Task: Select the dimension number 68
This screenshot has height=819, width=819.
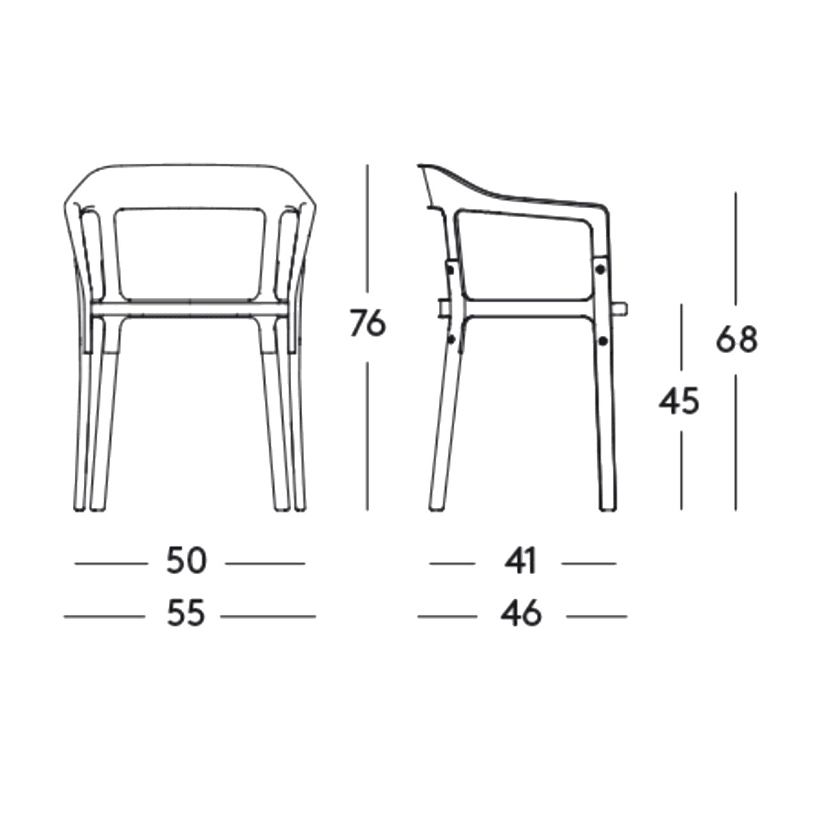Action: (x=736, y=339)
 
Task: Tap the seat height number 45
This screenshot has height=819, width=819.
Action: (x=679, y=401)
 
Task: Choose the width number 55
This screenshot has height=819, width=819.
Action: (x=186, y=614)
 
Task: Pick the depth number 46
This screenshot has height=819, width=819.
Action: (x=521, y=614)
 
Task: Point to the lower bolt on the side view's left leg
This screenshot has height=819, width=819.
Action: (x=451, y=339)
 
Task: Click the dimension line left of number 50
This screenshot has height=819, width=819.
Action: (x=111, y=564)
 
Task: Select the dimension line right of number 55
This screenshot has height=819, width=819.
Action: (x=268, y=616)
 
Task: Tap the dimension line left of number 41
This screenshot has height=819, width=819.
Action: (x=452, y=564)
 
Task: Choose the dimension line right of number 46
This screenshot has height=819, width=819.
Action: (x=597, y=616)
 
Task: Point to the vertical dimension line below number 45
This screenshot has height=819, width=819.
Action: (x=681, y=470)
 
